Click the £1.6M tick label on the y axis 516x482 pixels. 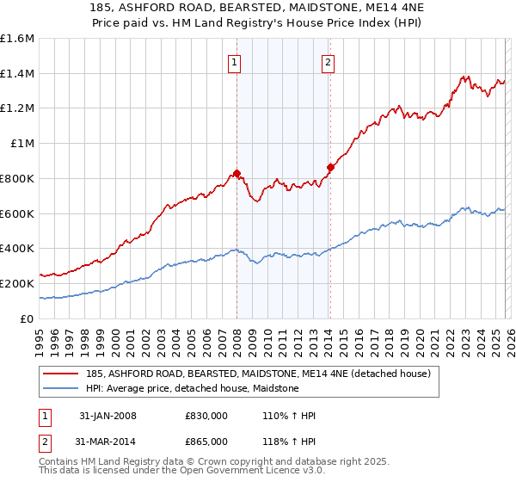point(16,39)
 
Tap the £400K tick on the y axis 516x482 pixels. point(16,249)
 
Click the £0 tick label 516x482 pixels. point(26,318)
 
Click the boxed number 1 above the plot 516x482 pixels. point(234,62)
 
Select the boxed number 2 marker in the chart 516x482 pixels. point(329,62)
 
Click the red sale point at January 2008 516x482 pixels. point(236,173)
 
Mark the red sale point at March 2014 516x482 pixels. point(330,167)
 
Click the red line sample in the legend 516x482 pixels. point(62,374)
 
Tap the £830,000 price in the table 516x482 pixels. point(206,416)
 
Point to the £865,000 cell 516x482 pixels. point(206,443)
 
